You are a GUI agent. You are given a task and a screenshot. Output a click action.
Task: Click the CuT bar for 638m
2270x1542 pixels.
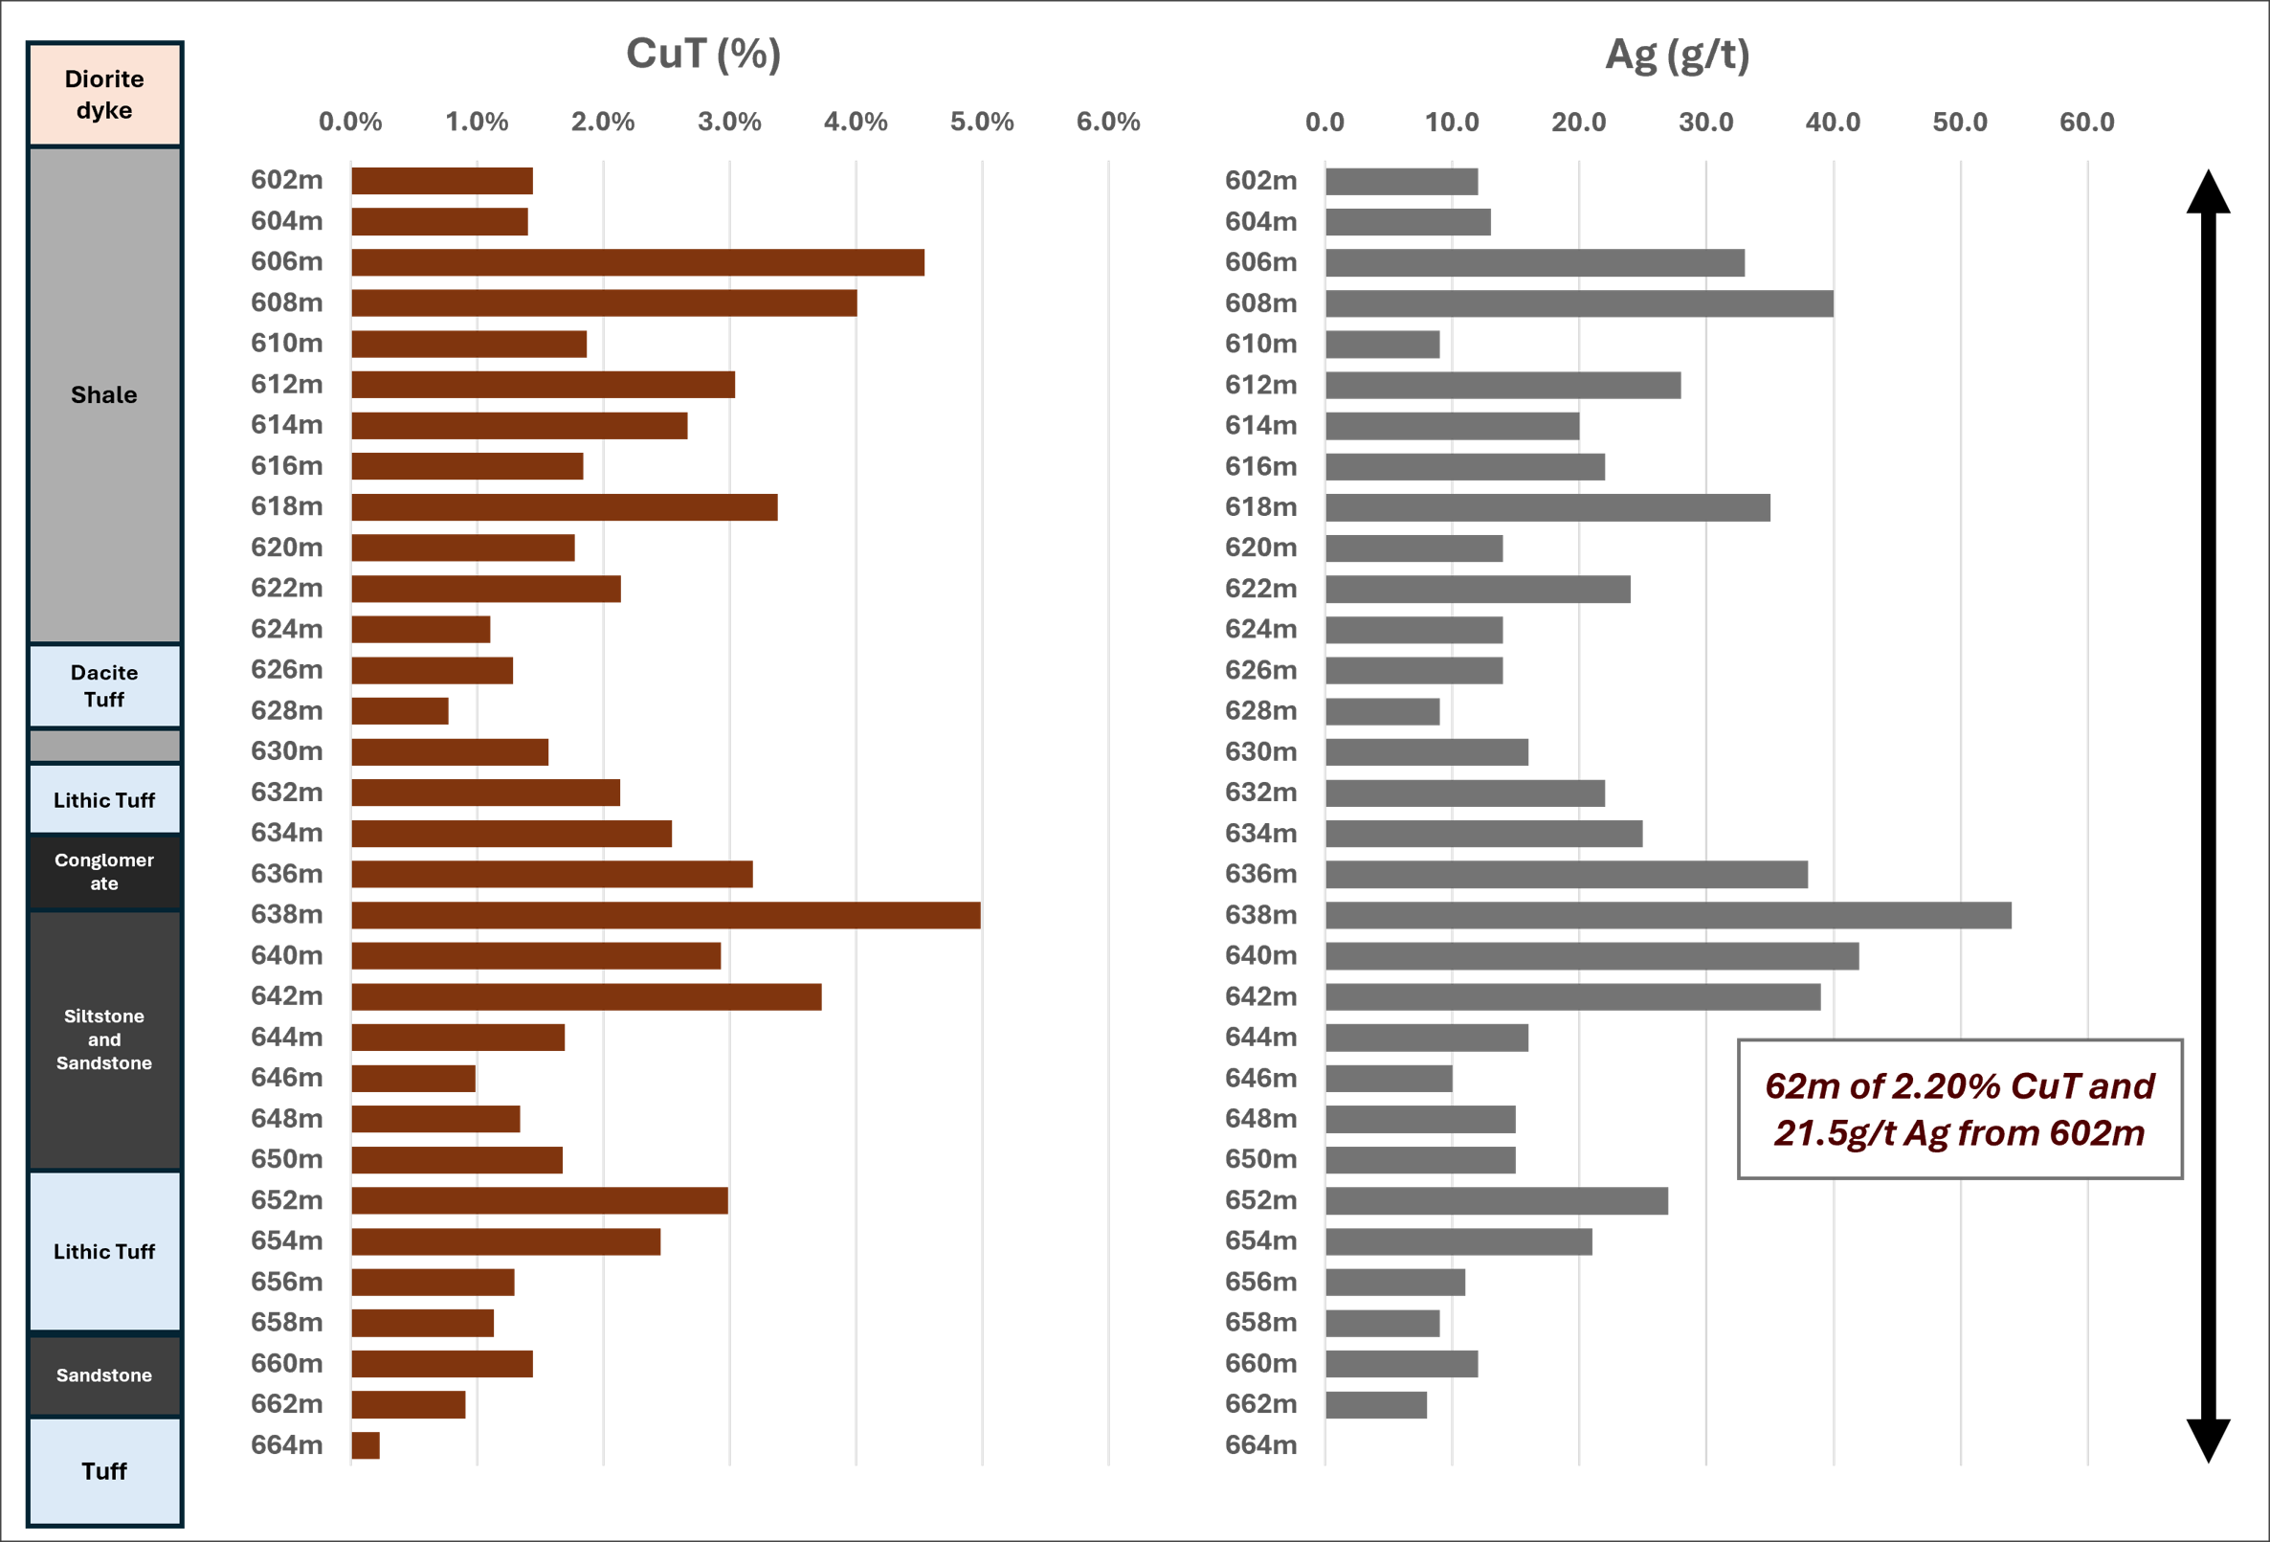pyautogui.click(x=665, y=915)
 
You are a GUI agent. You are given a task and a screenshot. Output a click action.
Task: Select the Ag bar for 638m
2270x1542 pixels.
pyautogui.click(x=1668, y=915)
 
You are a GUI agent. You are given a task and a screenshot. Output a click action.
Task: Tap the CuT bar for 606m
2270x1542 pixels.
pyautogui.click(x=637, y=262)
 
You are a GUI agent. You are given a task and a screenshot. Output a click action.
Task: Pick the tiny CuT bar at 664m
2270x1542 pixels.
pyautogui.click(x=366, y=1444)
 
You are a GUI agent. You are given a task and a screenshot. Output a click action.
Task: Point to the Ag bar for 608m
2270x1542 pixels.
pyautogui.click(x=1579, y=302)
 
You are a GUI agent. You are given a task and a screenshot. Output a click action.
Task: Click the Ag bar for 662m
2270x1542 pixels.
pyautogui.click(x=1376, y=1404)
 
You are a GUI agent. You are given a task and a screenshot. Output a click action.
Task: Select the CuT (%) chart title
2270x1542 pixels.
pyautogui.click(x=703, y=55)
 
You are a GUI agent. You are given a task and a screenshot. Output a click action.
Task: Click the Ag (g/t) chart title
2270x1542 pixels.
pyautogui.click(x=1677, y=55)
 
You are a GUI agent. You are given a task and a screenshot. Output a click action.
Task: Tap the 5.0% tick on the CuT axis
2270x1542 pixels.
pyautogui.click(x=982, y=122)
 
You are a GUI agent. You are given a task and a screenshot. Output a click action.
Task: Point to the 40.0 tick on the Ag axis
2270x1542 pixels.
pyautogui.click(x=1834, y=122)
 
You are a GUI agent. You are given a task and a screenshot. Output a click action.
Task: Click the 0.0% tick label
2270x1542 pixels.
pyautogui.click(x=350, y=122)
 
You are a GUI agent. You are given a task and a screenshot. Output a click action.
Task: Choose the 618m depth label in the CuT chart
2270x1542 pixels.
pyautogui.click(x=286, y=506)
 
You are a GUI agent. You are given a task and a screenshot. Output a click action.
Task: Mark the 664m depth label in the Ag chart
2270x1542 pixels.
pyautogui.click(x=1261, y=1444)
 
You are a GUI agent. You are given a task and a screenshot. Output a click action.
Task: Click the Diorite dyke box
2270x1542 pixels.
pyautogui.click(x=104, y=94)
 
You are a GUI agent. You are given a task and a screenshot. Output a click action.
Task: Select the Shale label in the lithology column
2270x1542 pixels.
pyautogui.click(x=104, y=394)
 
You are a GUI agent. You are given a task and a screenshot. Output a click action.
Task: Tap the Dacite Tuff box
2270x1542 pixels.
pyautogui.click(x=104, y=686)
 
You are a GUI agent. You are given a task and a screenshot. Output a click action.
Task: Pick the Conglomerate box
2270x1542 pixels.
pyautogui.click(x=104, y=872)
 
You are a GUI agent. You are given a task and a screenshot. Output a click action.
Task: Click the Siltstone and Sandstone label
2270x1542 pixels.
pyautogui.click(x=104, y=1039)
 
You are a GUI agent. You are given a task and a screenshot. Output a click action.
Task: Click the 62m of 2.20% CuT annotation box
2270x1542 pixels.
pyautogui.click(x=1959, y=1109)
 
